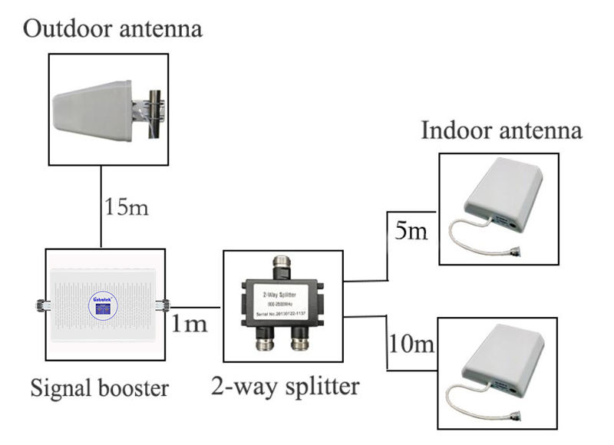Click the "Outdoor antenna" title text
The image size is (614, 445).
(113, 29)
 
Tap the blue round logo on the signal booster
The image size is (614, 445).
(101, 305)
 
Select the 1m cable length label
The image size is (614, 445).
(188, 323)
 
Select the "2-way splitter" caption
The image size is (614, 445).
(284, 385)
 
